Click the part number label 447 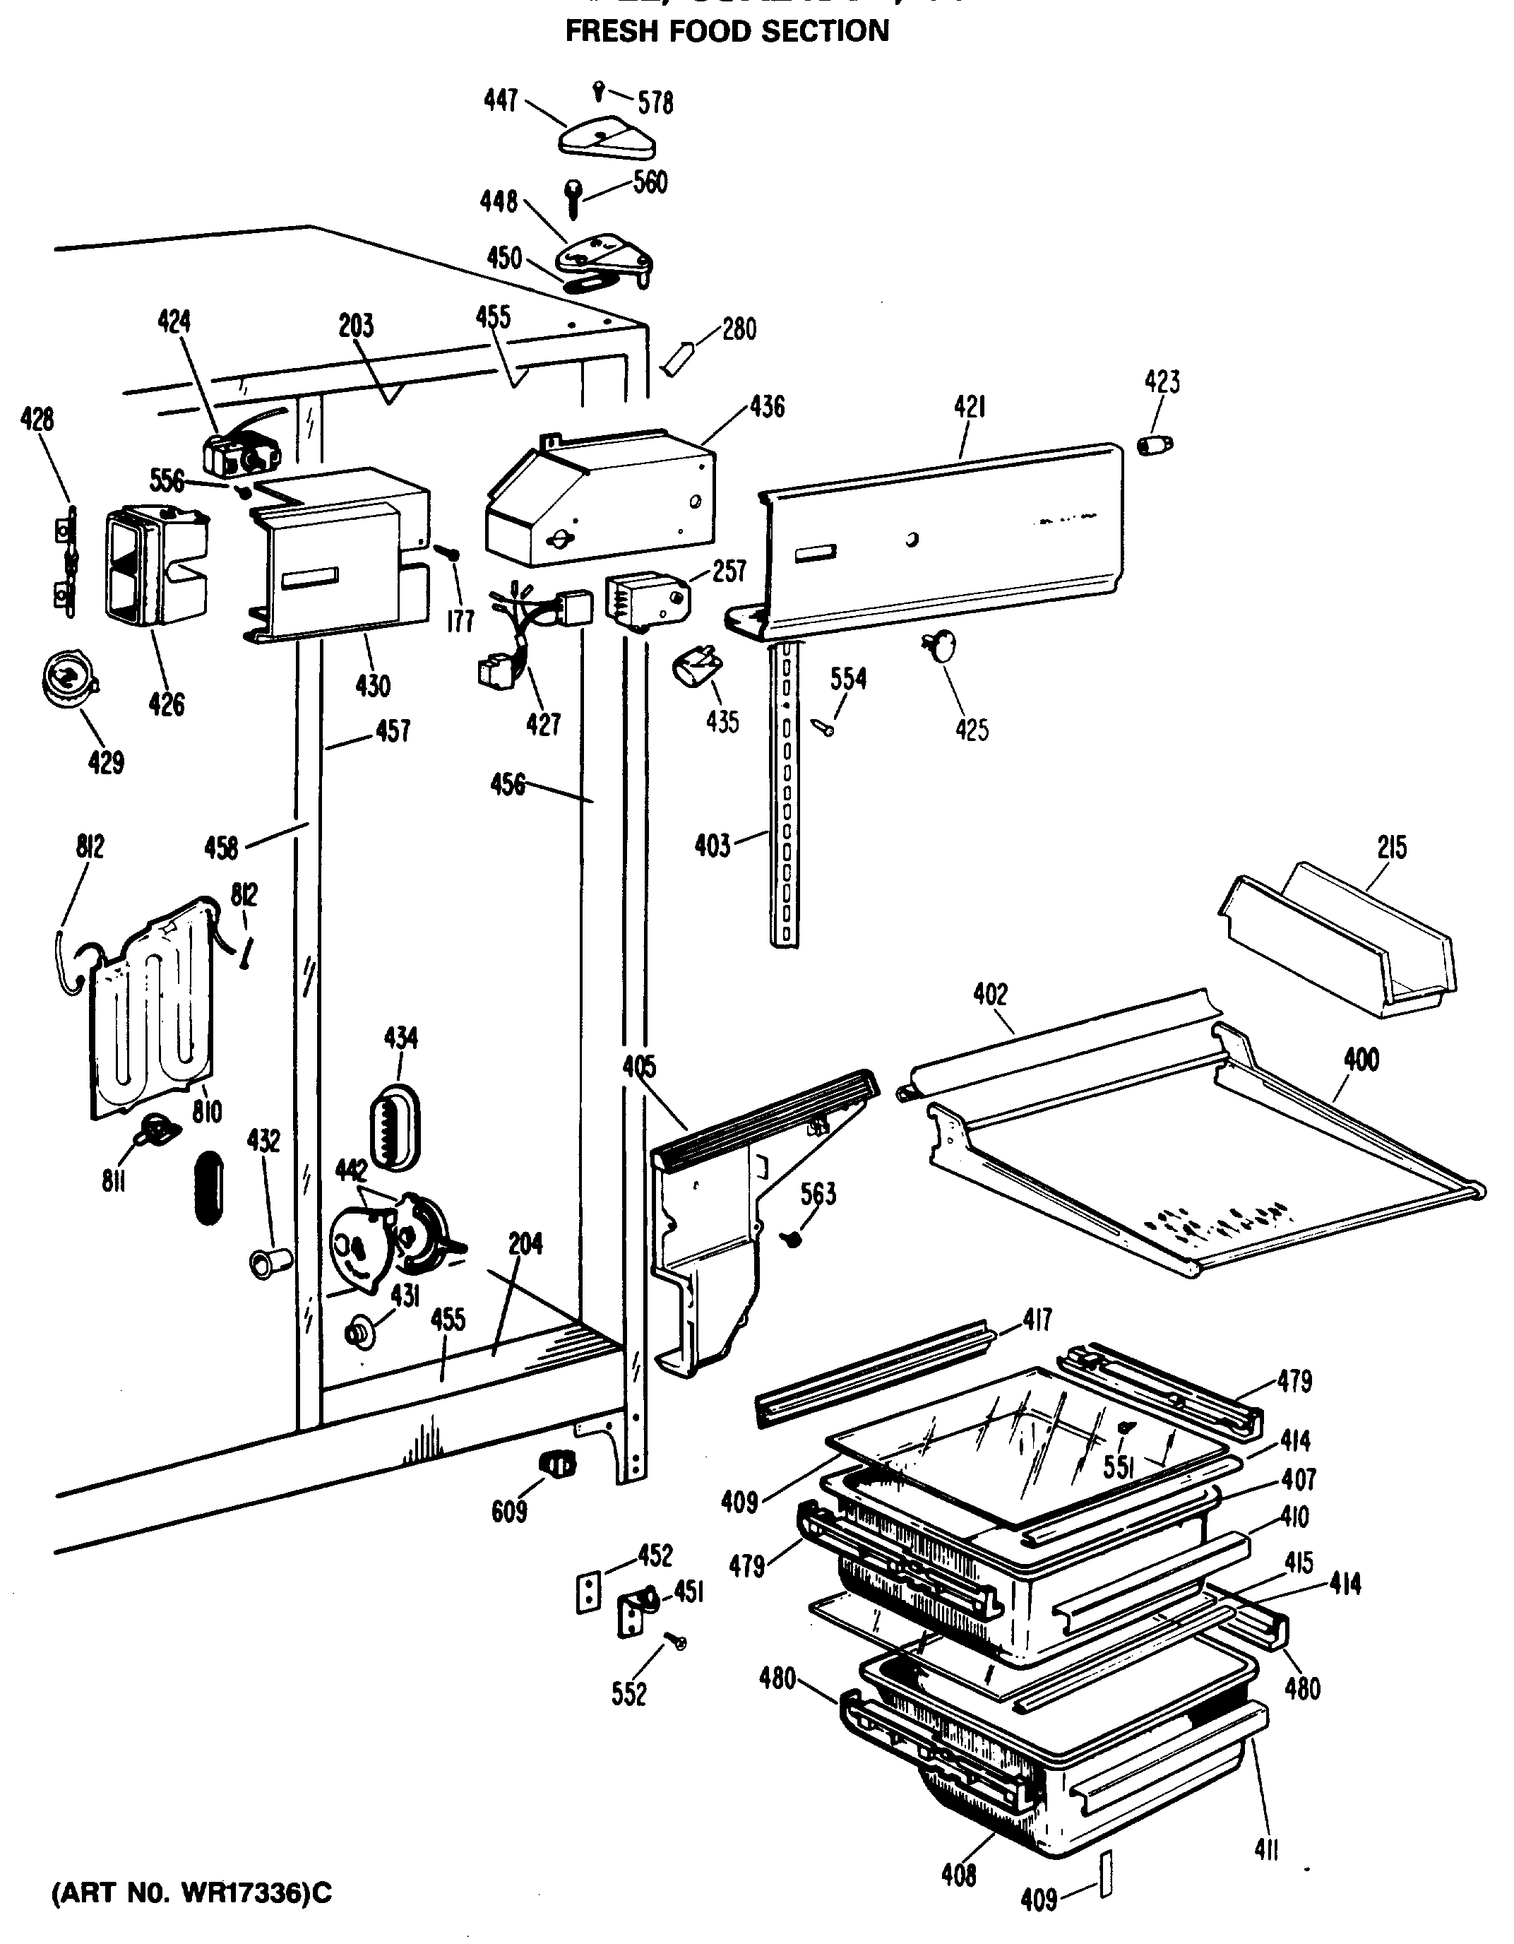tap(500, 100)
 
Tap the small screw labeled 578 tap(598, 89)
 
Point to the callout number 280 tap(739, 328)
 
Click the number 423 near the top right tap(1162, 382)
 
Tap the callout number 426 tap(167, 704)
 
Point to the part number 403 tap(712, 845)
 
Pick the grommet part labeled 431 tap(358, 1332)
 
